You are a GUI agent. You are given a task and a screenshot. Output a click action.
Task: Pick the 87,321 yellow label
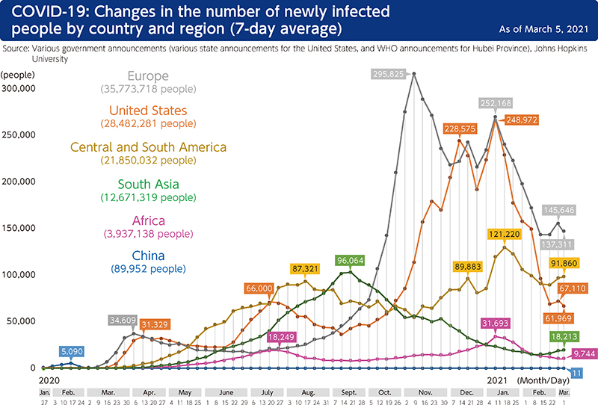coord(308,268)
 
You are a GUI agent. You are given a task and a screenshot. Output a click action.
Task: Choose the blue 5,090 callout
coord(73,350)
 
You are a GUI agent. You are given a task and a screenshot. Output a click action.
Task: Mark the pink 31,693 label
coord(496,323)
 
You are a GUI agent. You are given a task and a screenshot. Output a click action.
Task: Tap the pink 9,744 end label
coord(584,353)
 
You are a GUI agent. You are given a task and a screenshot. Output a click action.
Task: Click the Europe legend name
coord(148,76)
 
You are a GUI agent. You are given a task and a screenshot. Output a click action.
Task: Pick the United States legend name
coord(148,111)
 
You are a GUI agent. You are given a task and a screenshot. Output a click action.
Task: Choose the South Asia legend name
coord(148,185)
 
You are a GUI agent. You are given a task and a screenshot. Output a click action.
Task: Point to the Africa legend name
coord(148,221)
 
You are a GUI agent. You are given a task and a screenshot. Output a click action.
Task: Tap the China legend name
coord(148,256)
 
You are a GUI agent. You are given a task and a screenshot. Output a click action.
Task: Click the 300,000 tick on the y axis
coord(19,88)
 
